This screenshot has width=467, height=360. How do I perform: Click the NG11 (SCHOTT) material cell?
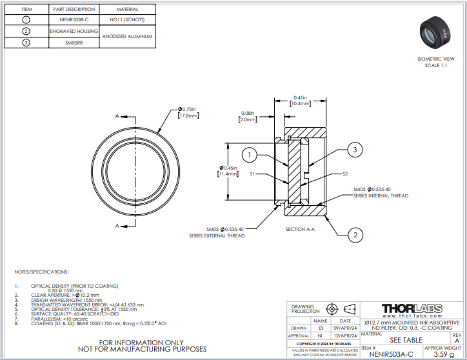[x=127, y=20]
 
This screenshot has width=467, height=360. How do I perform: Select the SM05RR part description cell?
[x=74, y=43]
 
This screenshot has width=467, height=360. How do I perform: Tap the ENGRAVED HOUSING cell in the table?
[x=74, y=31]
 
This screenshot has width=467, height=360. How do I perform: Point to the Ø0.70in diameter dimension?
[x=187, y=112]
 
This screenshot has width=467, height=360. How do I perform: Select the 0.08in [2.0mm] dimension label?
[x=248, y=116]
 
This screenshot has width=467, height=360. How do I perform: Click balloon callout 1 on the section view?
[x=250, y=154]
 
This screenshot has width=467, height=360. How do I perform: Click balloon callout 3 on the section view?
[x=354, y=150]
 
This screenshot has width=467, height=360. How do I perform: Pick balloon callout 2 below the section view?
[x=354, y=235]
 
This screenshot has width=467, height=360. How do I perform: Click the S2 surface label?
[x=345, y=174]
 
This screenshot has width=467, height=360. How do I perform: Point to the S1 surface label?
[x=252, y=174]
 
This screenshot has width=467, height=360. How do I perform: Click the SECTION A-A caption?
[x=300, y=229]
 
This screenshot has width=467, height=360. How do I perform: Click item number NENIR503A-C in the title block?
[x=387, y=354]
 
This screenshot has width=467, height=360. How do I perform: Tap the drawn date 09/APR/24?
[x=345, y=328]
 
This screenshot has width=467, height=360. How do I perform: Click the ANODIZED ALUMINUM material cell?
[x=127, y=37]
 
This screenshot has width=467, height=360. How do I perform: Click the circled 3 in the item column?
[x=26, y=43]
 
